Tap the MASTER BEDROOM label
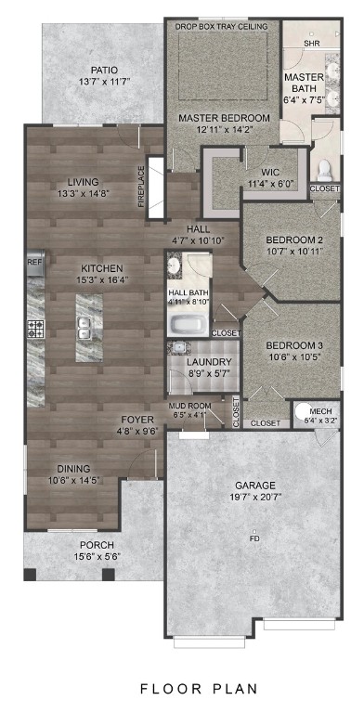point(224,118)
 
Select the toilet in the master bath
point(324,169)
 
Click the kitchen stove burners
point(35,328)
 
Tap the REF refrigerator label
point(34,263)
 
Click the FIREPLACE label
point(142,187)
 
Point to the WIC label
point(270,172)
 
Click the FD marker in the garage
point(254,538)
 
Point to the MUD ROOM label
point(188,406)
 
